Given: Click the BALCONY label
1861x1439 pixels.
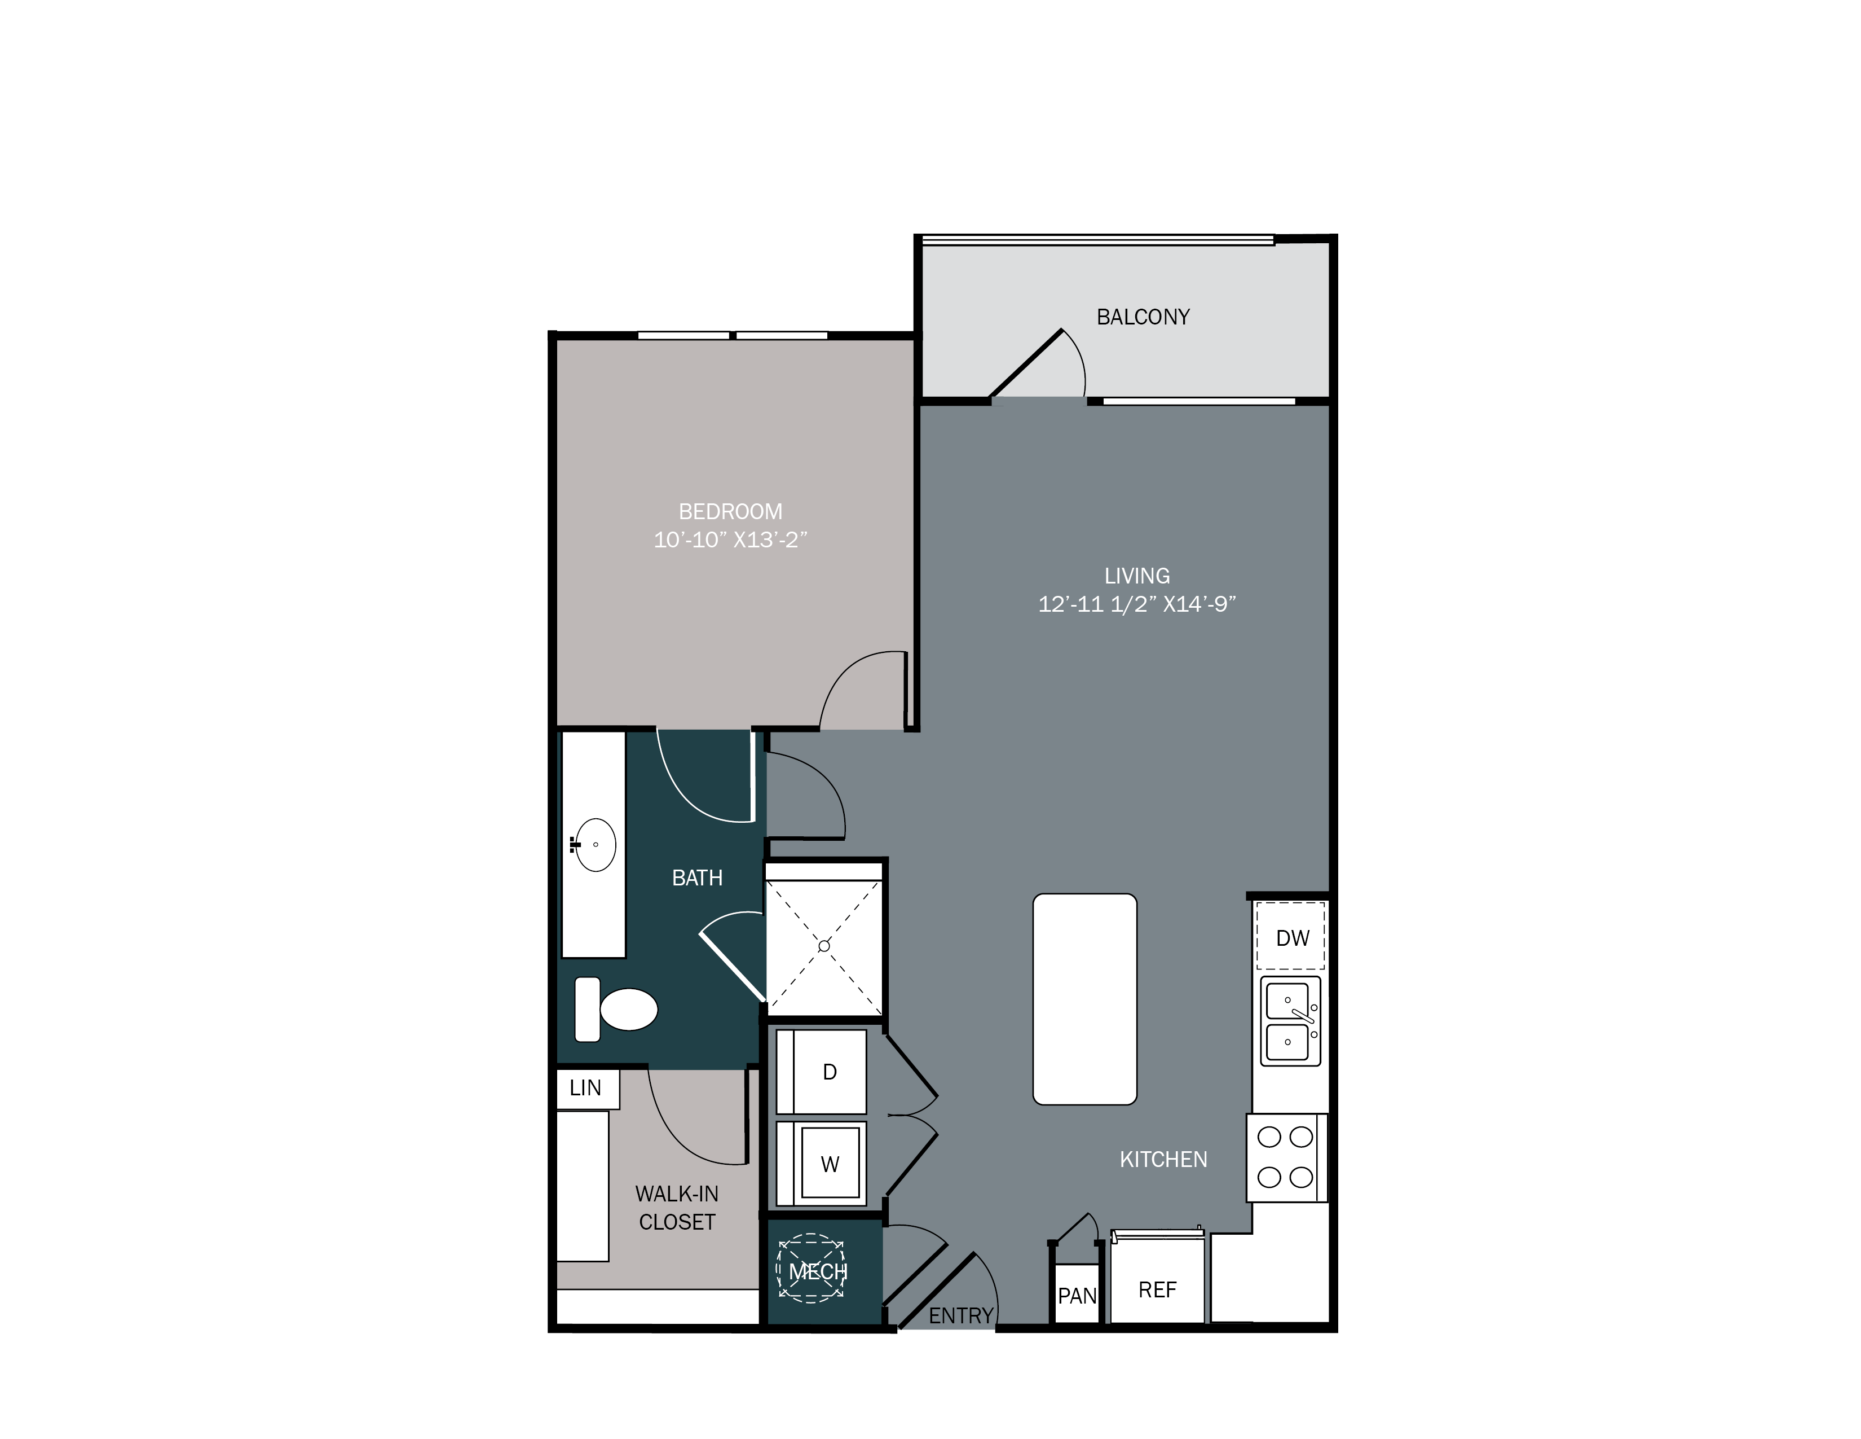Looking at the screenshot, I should (1143, 317).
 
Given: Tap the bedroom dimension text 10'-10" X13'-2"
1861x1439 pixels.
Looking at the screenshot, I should (730, 539).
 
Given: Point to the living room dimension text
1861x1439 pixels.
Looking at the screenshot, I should (1137, 604).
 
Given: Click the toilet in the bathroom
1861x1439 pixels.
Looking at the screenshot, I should (617, 1010).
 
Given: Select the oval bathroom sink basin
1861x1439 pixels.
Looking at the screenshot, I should (595, 845).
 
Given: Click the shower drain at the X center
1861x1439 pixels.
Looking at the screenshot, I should (824, 945).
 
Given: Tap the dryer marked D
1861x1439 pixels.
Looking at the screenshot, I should (822, 1072).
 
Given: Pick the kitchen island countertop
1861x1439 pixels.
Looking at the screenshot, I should (1084, 999).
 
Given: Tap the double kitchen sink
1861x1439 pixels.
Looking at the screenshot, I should (1290, 1020).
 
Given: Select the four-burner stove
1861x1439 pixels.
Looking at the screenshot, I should (1286, 1157).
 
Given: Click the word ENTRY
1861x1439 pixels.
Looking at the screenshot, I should (960, 1316).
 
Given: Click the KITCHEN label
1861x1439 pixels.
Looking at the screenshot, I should (1163, 1160).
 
